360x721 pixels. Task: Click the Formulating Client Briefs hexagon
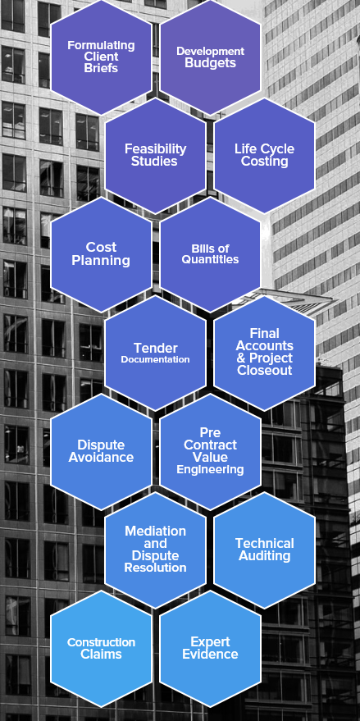coord(101,57)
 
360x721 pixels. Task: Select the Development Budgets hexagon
coord(210,57)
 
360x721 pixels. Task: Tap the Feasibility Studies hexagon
coord(156,155)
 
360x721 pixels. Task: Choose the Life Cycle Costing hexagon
coord(264,155)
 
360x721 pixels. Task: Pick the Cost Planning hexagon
coord(101,254)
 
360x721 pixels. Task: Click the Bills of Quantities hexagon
coord(210,254)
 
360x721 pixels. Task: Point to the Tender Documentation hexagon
coord(156,353)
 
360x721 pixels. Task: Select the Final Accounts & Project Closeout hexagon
coord(264,353)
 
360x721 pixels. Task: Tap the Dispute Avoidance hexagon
coord(101,451)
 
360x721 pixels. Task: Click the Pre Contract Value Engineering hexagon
coord(210,451)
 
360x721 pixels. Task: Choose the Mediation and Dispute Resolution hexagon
coord(156,550)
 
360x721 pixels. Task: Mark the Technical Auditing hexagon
coord(264,550)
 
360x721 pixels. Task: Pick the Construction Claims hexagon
coord(101,649)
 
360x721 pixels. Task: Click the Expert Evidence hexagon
coord(210,649)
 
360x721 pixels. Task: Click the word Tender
coord(156,348)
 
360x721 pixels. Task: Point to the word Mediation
coord(156,531)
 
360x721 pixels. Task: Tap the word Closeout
coord(265,371)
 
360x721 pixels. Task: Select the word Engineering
coord(210,469)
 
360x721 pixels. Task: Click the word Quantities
coord(210,259)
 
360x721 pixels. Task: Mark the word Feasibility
coord(156,149)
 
